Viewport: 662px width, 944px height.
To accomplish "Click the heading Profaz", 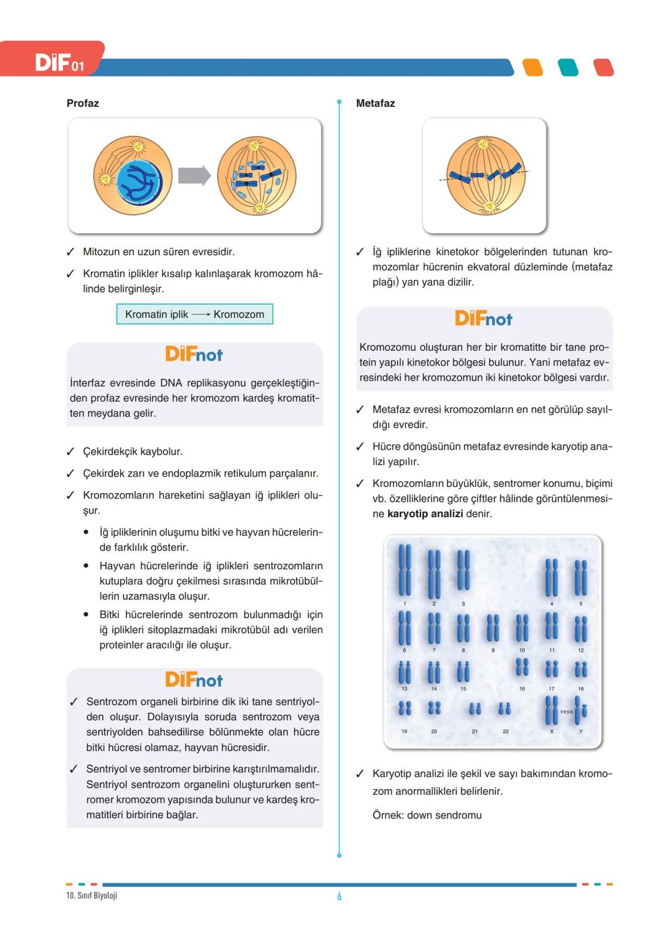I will [x=83, y=103].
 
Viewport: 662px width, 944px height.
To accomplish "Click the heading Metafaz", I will [x=375, y=103].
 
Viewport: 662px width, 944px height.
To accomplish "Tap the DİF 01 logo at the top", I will [x=59, y=63].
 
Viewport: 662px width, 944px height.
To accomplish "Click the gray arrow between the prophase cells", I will [x=194, y=176].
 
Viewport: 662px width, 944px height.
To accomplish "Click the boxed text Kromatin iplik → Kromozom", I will [x=194, y=314].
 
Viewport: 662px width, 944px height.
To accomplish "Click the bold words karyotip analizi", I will [x=425, y=513].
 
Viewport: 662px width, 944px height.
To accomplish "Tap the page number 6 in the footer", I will [x=339, y=896].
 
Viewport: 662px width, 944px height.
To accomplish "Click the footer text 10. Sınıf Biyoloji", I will [x=91, y=896].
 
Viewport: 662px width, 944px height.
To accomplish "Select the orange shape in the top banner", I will [x=533, y=67].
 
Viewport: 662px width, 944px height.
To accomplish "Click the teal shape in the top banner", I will [x=568, y=67].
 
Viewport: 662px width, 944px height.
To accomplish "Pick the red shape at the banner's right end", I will [x=604, y=67].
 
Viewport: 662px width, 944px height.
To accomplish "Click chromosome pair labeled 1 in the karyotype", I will [x=405, y=570].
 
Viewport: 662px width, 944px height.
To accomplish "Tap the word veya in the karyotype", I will [x=566, y=712].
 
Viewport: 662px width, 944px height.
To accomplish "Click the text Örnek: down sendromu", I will [x=427, y=815].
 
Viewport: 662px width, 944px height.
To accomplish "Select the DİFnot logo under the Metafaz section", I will [x=484, y=318].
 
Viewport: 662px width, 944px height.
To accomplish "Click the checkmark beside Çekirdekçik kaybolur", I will [x=71, y=452].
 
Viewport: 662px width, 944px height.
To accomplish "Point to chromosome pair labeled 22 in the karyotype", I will [x=504, y=710].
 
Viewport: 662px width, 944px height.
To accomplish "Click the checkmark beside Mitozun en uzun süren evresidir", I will [x=71, y=252].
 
